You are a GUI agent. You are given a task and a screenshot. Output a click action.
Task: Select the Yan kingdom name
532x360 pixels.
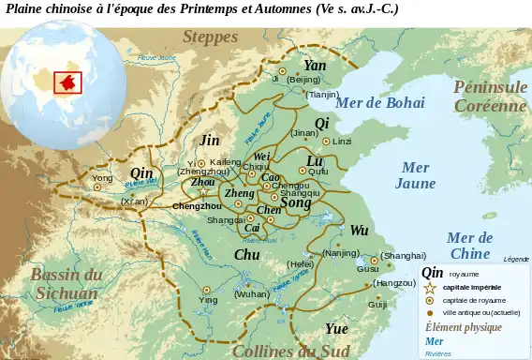click(315, 66)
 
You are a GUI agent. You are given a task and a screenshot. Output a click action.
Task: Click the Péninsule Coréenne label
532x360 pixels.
click(491, 97)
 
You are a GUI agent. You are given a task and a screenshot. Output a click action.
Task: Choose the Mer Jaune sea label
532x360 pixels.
click(415, 175)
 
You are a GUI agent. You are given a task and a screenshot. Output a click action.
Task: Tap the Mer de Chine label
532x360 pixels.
click(469, 246)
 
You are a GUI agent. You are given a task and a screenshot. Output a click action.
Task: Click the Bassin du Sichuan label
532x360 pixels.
click(66, 284)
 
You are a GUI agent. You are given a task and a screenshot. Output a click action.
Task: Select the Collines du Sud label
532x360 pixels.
click(290, 352)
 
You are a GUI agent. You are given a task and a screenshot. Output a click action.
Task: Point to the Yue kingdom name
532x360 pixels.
click(336, 329)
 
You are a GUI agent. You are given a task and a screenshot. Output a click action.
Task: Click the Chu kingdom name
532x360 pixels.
click(246, 254)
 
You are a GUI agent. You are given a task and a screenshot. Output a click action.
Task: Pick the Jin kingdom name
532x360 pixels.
click(211, 140)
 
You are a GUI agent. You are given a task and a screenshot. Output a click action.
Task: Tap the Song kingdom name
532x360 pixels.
click(296, 202)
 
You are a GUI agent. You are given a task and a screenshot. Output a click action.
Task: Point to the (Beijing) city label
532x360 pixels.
click(303, 81)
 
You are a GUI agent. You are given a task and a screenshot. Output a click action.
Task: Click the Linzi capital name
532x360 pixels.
click(342, 142)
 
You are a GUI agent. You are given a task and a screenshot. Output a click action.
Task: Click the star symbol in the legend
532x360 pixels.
click(430, 288)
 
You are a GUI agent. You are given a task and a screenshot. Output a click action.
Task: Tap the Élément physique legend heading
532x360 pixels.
click(463, 327)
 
